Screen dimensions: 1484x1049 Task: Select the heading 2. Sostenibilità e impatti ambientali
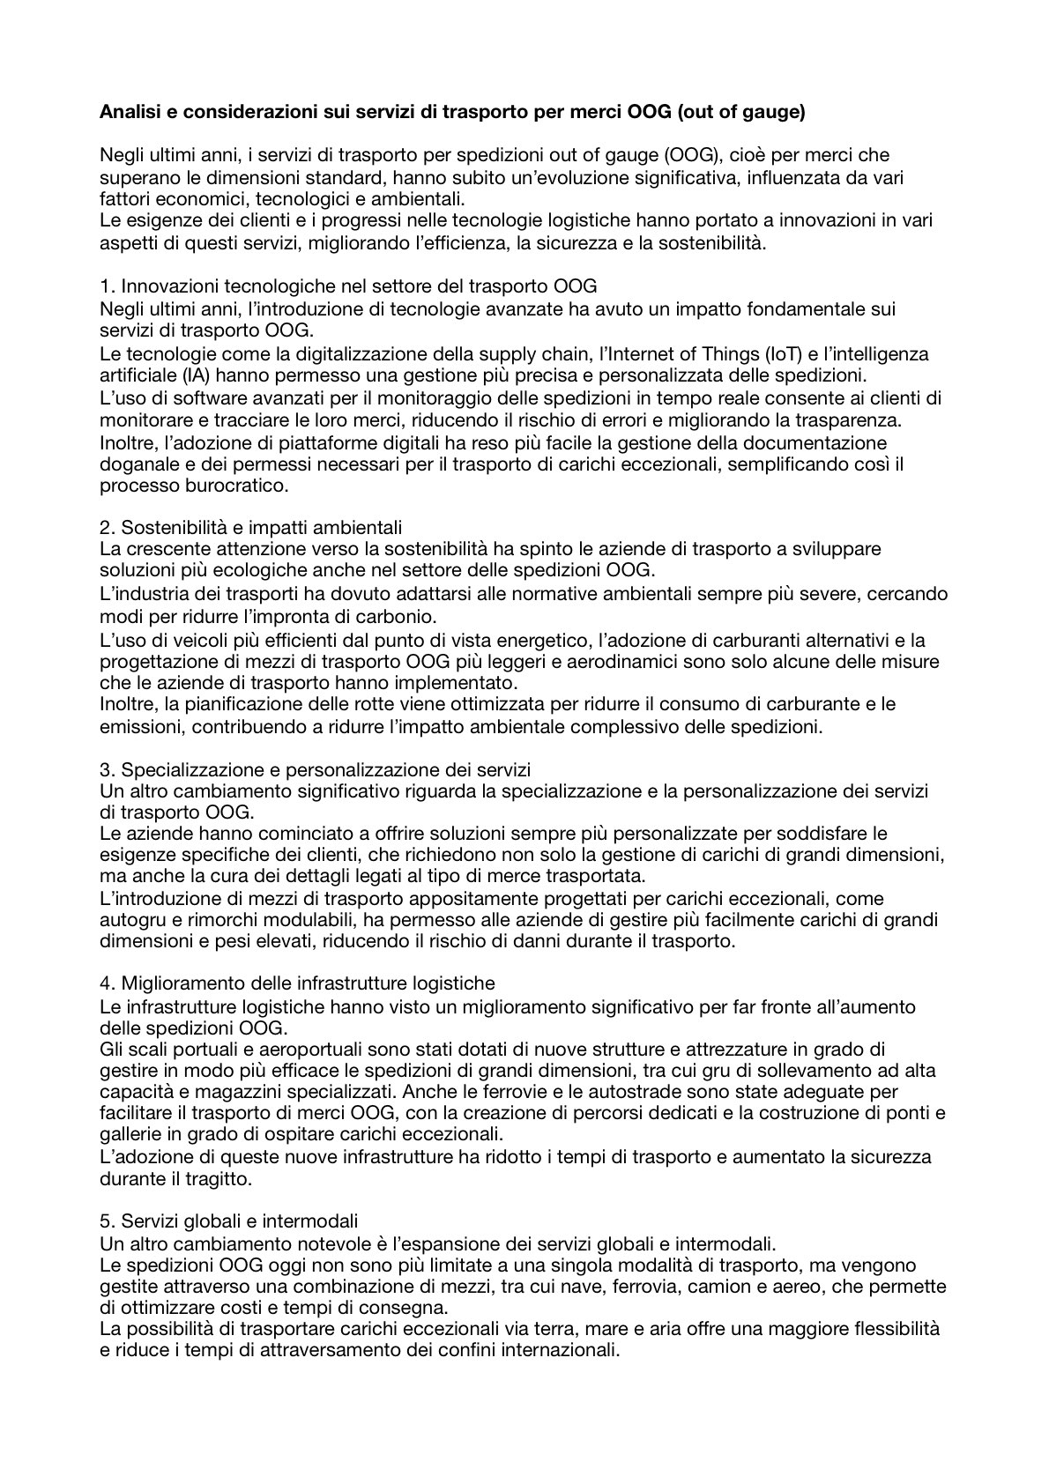tap(251, 528)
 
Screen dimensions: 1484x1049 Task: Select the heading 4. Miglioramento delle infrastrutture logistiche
tap(297, 983)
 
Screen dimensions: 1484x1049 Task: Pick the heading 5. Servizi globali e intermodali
tap(229, 1221)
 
